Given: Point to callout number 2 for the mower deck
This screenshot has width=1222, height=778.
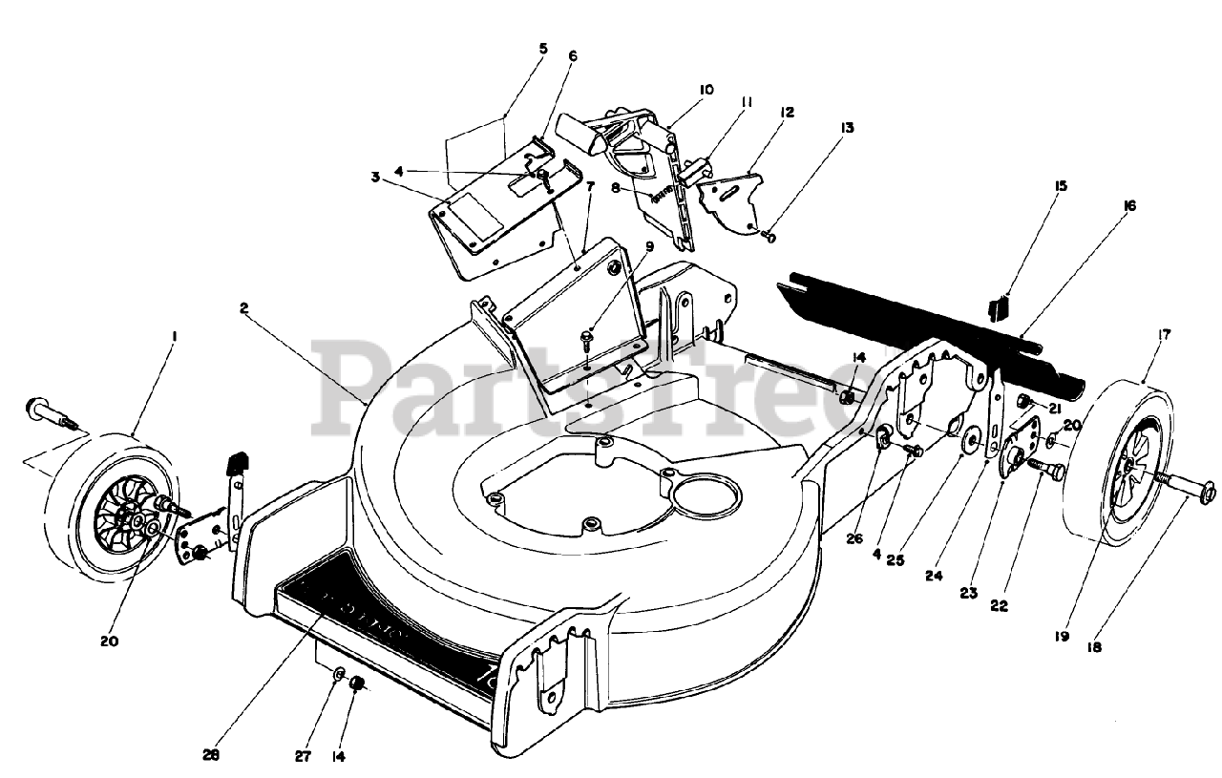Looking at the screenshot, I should [244, 308].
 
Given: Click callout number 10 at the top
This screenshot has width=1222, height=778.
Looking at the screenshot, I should [543, 48].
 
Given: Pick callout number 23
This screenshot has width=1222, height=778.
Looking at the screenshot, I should [969, 593].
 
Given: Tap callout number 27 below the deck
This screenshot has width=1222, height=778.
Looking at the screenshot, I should [303, 756].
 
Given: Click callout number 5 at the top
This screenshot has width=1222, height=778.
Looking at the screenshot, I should [543, 48].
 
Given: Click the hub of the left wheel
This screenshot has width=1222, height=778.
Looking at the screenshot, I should [138, 521].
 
